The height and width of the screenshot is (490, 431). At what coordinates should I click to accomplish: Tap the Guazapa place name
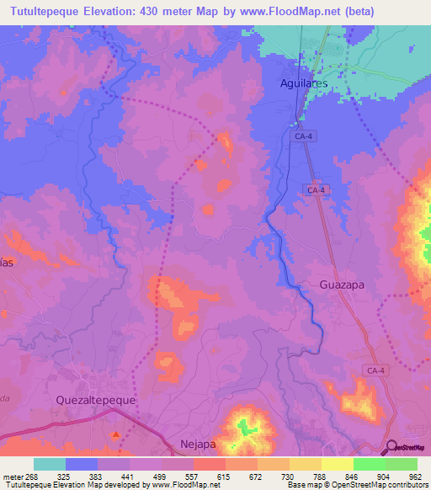[342, 285]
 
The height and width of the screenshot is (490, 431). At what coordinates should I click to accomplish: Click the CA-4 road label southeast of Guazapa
[375, 370]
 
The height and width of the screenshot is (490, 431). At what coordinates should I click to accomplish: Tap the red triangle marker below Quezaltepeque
[116, 434]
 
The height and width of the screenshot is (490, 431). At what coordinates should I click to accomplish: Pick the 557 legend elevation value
[193, 475]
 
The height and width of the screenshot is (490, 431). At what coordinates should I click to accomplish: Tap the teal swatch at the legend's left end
[50, 464]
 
